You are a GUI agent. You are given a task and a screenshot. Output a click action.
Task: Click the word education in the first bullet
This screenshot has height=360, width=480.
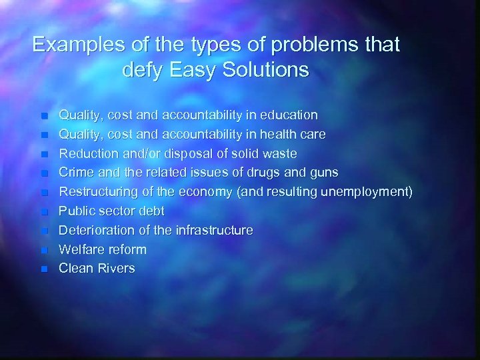290,115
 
